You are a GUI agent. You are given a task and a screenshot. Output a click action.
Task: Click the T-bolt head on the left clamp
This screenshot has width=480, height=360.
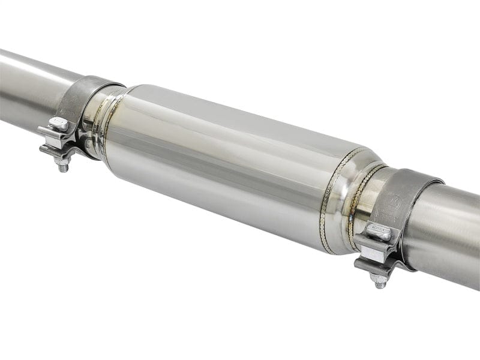58,124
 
